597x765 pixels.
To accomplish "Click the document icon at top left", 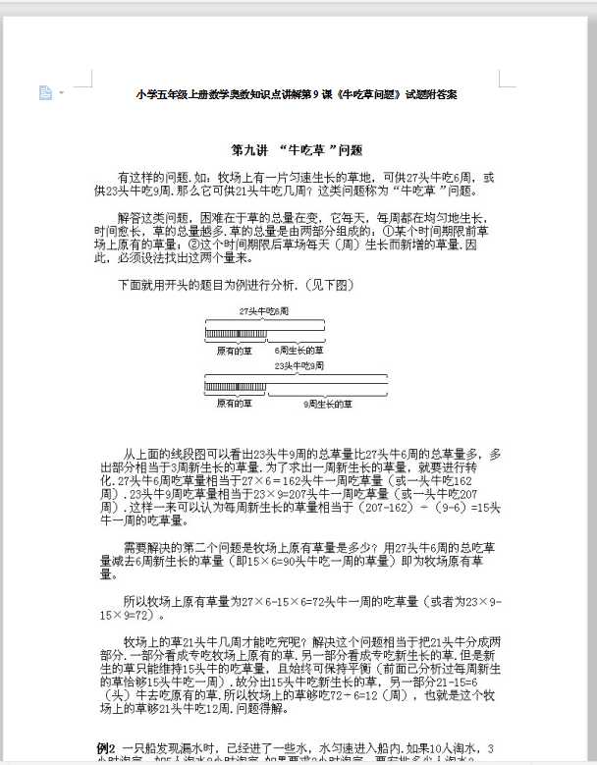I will coord(44,92).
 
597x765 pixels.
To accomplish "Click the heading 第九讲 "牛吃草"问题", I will coord(297,150).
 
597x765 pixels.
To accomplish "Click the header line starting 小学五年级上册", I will coord(297,94).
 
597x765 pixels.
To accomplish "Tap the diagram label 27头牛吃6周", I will coord(264,310).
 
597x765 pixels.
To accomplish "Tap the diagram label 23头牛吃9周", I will coord(299,365).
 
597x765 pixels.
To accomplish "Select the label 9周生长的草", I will coord(328,404).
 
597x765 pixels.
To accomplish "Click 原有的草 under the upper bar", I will coord(234,349).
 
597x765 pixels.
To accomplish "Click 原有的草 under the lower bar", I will coord(234,404).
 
